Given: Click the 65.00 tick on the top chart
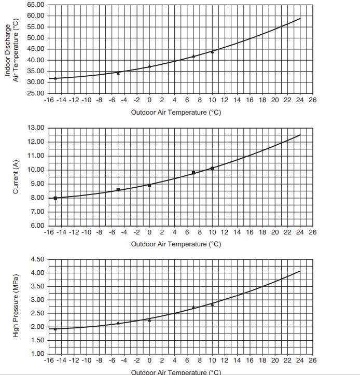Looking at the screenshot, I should click(35, 4).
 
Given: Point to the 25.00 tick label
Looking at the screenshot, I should click(35, 93).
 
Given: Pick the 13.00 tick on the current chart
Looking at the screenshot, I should click(35, 128).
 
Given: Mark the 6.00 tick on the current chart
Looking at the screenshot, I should click(35, 226).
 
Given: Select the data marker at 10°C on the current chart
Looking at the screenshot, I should click(212, 168).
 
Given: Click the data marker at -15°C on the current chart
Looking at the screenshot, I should click(56, 198).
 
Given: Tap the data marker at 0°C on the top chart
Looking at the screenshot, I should click(149, 66).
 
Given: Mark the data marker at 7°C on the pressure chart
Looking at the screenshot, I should click(193, 308).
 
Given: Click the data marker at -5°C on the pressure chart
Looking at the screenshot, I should click(118, 323).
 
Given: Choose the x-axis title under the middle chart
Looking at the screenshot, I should click(176, 244).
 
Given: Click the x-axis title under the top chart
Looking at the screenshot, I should click(176, 113).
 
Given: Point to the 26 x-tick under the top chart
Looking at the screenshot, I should click(312, 100).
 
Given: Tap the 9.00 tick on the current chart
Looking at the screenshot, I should click(35, 184).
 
